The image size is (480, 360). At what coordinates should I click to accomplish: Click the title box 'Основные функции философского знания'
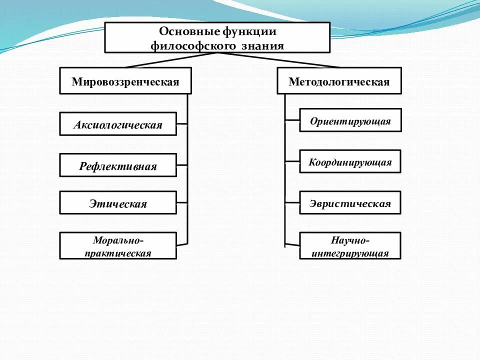(217, 37)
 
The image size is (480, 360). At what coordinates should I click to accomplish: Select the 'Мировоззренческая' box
(125, 81)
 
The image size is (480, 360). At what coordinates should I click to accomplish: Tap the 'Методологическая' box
(339, 81)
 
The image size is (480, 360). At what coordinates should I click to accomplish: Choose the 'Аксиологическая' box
(118, 124)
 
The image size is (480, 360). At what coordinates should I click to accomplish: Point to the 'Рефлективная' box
(118, 165)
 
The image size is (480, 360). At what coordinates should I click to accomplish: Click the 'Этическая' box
(118, 203)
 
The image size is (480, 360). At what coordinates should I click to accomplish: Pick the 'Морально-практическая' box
(118, 245)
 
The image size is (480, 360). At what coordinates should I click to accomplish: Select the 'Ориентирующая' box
(350, 120)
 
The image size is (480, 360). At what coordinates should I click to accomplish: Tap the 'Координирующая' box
(350, 162)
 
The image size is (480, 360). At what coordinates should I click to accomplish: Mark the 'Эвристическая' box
(350, 203)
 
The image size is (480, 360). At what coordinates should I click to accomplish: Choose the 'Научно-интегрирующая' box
(350, 245)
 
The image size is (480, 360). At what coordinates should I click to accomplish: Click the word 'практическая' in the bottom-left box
(118, 253)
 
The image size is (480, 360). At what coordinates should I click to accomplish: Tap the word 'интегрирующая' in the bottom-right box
(350, 253)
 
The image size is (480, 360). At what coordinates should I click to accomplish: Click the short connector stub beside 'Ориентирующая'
(292, 120)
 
